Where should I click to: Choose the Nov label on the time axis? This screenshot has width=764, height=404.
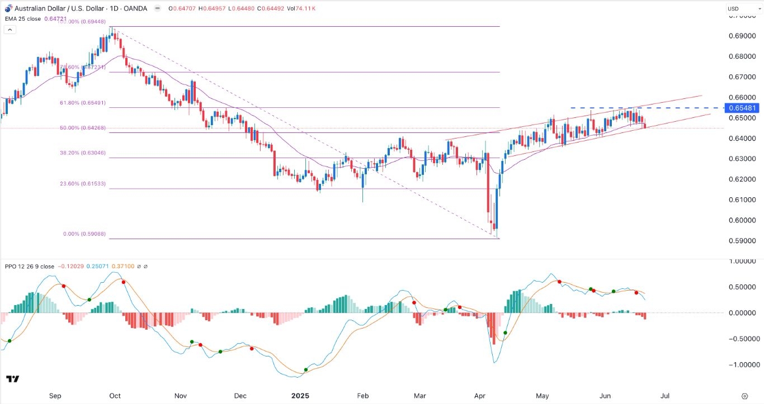point(180,396)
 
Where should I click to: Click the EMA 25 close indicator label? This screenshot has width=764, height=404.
point(23,18)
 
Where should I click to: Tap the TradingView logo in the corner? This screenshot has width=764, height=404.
point(12,379)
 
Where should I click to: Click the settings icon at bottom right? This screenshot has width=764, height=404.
point(744,396)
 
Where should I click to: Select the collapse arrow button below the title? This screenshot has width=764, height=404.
point(9,29)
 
